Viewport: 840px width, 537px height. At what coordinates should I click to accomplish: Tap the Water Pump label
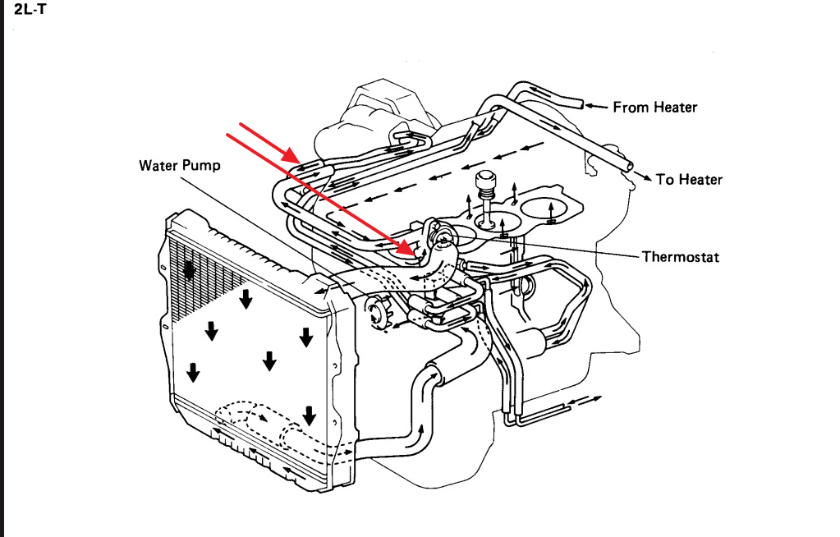[179, 165]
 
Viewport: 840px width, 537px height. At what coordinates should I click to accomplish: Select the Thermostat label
[680, 257]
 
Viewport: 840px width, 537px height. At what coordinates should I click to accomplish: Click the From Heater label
[654, 107]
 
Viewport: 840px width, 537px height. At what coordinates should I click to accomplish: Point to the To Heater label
[689, 179]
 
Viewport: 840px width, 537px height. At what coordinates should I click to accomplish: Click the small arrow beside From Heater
[597, 106]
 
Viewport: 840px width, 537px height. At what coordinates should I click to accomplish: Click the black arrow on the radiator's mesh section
[190, 272]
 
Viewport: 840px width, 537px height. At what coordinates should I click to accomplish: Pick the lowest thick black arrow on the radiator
[309, 415]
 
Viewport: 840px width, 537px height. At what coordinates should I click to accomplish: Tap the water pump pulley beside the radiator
[379, 314]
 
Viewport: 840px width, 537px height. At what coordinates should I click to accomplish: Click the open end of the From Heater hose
[580, 104]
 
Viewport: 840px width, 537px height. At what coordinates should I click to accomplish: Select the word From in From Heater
[629, 107]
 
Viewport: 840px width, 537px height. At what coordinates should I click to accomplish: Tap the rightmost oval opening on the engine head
[549, 211]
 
